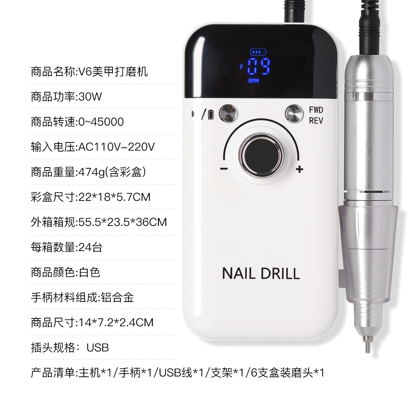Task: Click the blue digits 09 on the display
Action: (x=258, y=67)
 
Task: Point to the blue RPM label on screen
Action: (x=253, y=81)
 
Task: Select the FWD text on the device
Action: (x=316, y=110)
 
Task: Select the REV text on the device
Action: (x=316, y=121)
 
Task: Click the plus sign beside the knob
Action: (x=299, y=169)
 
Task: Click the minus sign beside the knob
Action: (x=224, y=169)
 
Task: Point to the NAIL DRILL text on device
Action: (x=261, y=273)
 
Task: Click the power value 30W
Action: (x=90, y=96)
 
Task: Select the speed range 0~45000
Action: (x=101, y=122)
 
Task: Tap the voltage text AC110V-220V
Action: (x=116, y=147)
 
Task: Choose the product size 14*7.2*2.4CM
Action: (x=116, y=322)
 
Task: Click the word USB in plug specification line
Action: (x=98, y=347)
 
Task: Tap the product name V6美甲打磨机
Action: (x=112, y=72)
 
